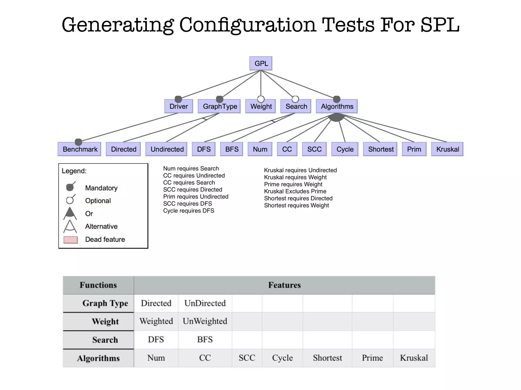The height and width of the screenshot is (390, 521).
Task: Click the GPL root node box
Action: [261, 63]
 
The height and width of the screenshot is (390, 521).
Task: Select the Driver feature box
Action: [179, 106]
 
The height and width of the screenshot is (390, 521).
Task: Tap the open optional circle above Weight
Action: [261, 99]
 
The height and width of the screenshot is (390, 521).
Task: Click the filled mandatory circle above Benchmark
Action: [78, 142]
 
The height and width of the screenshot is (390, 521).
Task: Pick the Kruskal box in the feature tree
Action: [447, 149]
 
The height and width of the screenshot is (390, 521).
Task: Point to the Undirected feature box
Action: [167, 149]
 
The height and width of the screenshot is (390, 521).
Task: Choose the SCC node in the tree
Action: [314, 149]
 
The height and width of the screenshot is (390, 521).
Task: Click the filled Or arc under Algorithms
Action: [336, 117]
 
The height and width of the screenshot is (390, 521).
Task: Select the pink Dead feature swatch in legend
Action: [70, 240]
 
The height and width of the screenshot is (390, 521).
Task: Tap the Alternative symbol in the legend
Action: [70, 226]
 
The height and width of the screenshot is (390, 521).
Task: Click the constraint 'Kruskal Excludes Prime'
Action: [295, 191]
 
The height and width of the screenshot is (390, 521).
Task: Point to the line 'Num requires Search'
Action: [191, 168]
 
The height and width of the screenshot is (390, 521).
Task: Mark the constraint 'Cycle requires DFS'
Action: [189, 210]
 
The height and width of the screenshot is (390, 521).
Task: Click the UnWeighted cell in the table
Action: [205, 321]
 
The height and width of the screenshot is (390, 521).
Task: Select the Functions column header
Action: [98, 285]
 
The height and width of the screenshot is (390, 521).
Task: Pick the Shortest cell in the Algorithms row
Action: [327, 358]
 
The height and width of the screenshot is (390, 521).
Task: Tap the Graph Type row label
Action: [105, 303]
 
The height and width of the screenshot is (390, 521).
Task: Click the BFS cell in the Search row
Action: [205, 339]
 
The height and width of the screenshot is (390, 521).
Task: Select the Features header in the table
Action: [284, 285]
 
